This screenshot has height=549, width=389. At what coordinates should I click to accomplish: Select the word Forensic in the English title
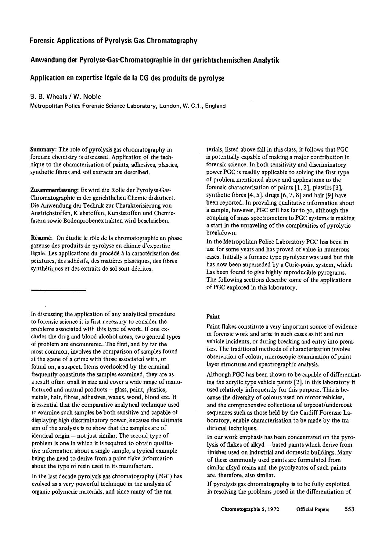coord(43,41)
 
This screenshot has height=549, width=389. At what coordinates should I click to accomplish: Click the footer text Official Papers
coord(312,509)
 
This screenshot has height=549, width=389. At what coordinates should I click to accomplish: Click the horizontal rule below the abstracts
coord(59,290)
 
